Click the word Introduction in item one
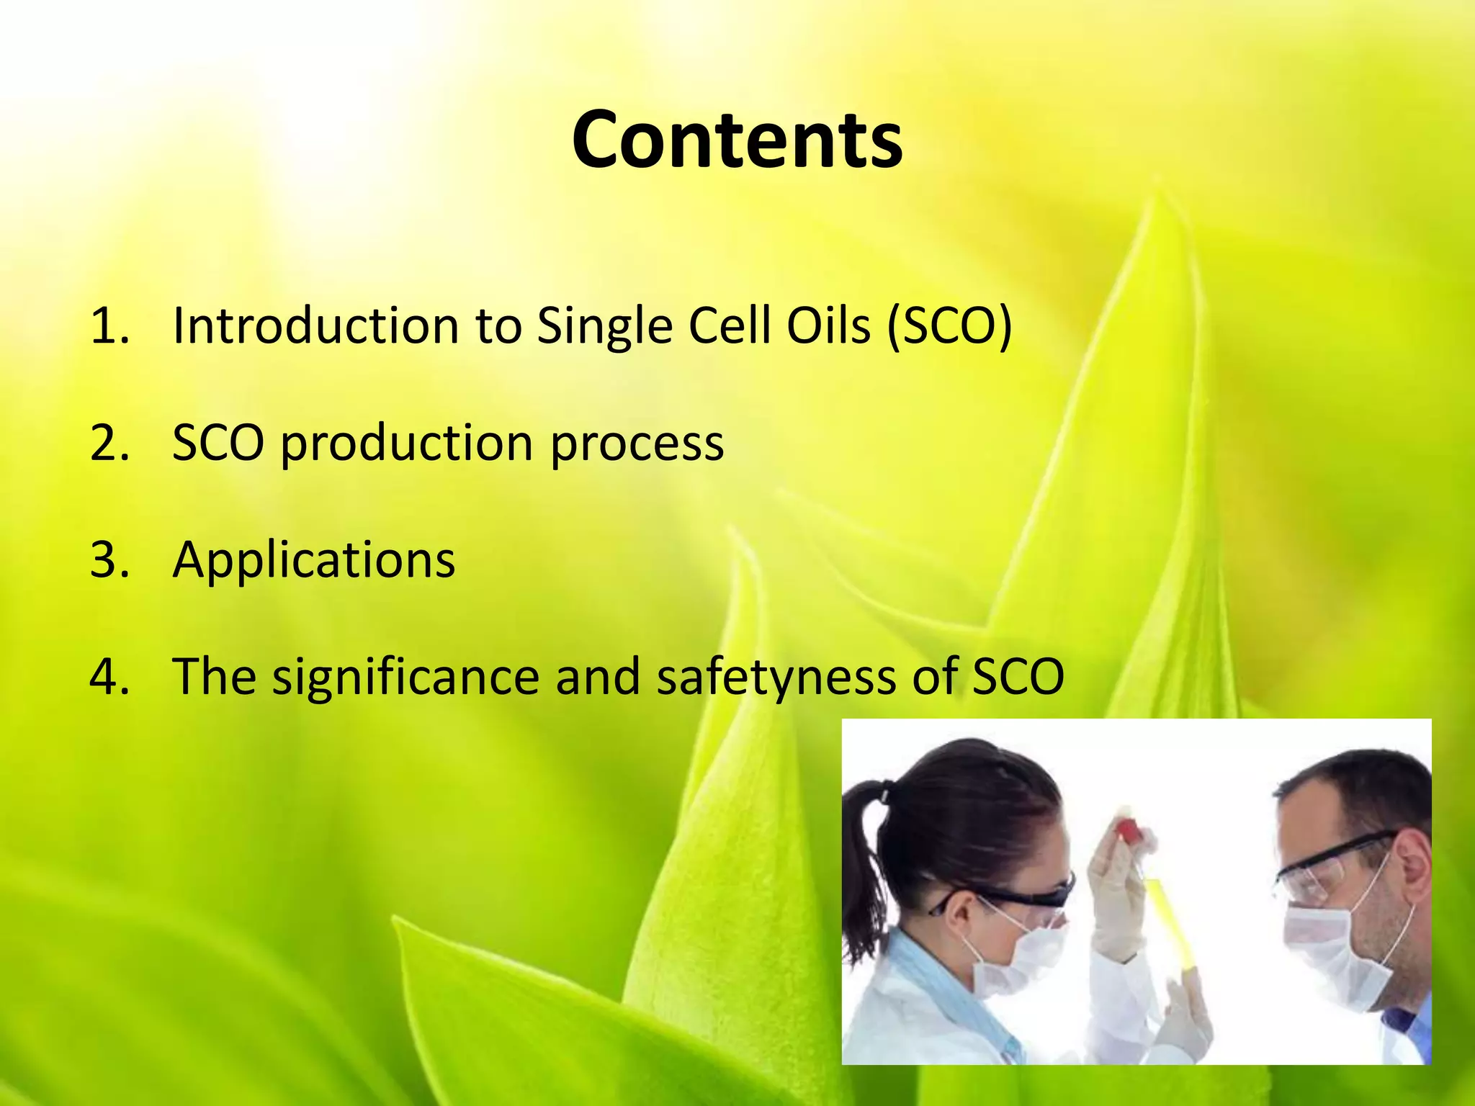[x=315, y=326]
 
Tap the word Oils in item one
[x=828, y=326]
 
